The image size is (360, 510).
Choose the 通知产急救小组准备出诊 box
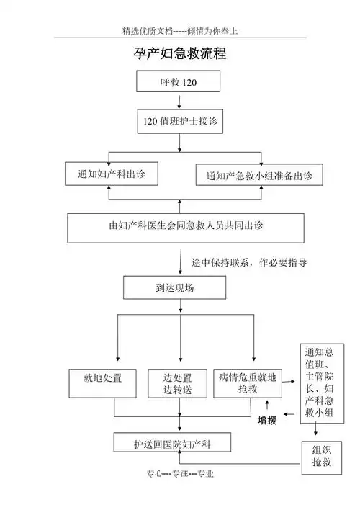tap(258, 176)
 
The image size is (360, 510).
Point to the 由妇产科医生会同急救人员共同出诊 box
tap(180, 226)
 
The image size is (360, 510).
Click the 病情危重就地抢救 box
tap(247, 382)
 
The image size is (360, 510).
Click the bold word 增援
tap(267, 421)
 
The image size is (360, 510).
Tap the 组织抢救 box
tap(321, 456)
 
